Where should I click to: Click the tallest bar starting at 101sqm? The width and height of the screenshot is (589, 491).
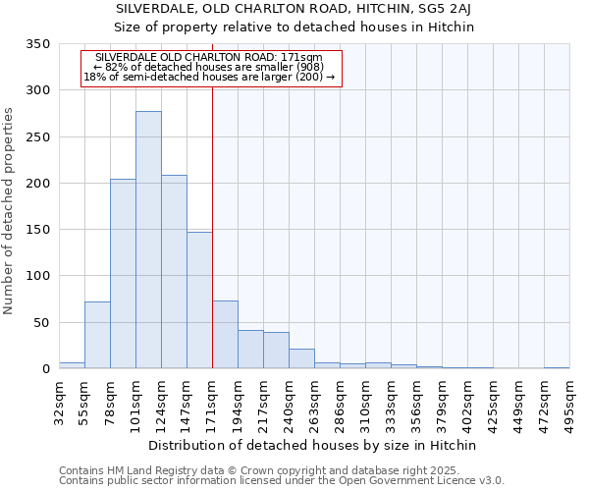coord(148,240)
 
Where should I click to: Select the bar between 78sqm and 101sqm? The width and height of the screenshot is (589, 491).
coord(123,274)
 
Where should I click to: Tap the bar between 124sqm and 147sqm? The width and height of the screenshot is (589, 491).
coord(174,272)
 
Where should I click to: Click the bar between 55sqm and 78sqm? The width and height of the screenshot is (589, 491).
coord(97,335)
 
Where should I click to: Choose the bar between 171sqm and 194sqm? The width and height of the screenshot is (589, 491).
coord(225,335)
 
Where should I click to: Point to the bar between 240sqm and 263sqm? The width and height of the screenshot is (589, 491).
coord(301,358)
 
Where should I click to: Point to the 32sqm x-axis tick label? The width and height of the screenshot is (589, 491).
coord(60,401)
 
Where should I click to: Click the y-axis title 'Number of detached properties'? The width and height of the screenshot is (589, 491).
coord(10,211)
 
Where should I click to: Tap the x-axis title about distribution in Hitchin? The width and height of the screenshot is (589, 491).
coord(314,446)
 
